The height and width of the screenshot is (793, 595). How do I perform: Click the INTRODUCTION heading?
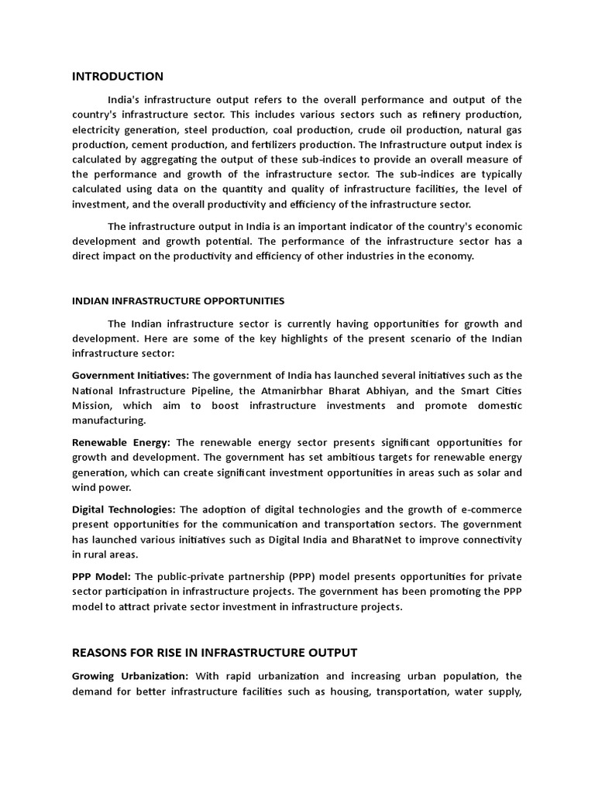(x=117, y=76)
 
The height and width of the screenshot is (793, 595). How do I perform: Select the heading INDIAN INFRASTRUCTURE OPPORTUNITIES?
(x=178, y=300)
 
